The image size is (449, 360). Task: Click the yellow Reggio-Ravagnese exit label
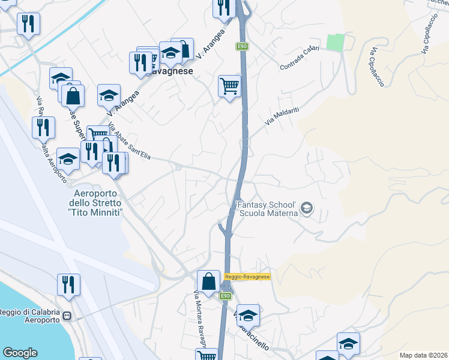tap(247, 277)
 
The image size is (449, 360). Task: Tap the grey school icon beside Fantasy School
tap(307, 208)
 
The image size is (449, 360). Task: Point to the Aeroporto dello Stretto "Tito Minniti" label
tap(97, 203)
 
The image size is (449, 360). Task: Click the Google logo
tap(20, 353)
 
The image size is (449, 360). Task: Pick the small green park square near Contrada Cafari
tap(334, 43)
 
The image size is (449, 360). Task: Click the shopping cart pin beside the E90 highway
tap(229, 86)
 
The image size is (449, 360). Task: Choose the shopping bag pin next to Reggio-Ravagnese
tap(208, 281)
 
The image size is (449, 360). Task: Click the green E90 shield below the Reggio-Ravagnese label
tap(226, 296)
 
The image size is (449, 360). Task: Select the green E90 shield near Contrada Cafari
tap(242, 46)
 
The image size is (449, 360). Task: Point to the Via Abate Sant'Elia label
tap(129, 141)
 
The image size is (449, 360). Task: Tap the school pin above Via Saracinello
tap(247, 314)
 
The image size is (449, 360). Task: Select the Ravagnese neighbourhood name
tap(175, 71)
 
